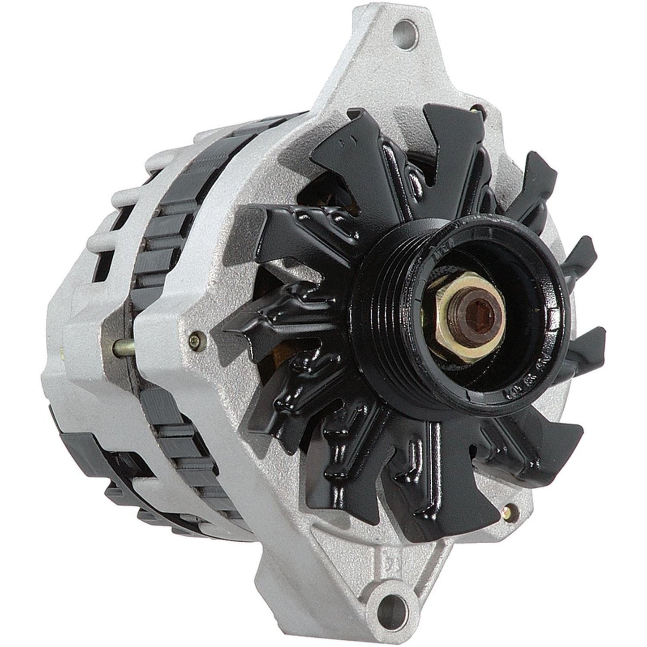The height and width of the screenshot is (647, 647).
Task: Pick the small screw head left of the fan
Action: tap(193, 334)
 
